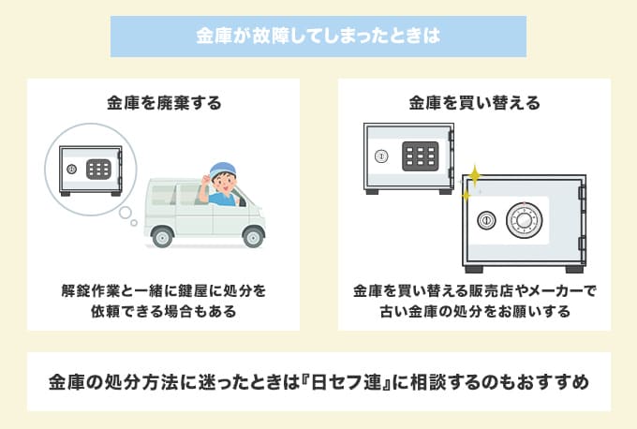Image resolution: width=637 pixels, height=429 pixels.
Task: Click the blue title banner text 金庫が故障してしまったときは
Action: click(x=318, y=36)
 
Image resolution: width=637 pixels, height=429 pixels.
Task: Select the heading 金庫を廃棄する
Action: click(x=164, y=103)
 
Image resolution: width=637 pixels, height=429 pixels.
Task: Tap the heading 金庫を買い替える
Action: click(x=475, y=103)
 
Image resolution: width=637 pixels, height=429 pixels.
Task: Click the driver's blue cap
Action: click(x=222, y=170)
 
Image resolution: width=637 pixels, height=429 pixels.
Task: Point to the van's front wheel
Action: click(x=253, y=237)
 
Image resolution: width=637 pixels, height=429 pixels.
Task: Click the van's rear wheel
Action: click(x=162, y=237)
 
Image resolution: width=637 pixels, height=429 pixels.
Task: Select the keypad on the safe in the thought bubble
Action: click(x=98, y=169)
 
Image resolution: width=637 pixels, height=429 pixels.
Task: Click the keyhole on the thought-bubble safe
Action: click(x=71, y=169)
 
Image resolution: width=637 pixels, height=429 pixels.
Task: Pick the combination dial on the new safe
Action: click(x=524, y=221)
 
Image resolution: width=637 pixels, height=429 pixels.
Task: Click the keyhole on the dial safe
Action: click(x=486, y=221)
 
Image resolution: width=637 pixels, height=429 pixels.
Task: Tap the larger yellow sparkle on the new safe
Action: click(x=474, y=175)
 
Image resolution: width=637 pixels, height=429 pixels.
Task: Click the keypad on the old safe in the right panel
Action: click(x=420, y=156)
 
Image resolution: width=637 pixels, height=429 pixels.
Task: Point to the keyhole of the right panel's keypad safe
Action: click(x=381, y=156)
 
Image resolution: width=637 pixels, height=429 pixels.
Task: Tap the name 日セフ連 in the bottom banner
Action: click(x=345, y=382)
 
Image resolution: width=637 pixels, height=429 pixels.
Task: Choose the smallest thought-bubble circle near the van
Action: click(x=134, y=223)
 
